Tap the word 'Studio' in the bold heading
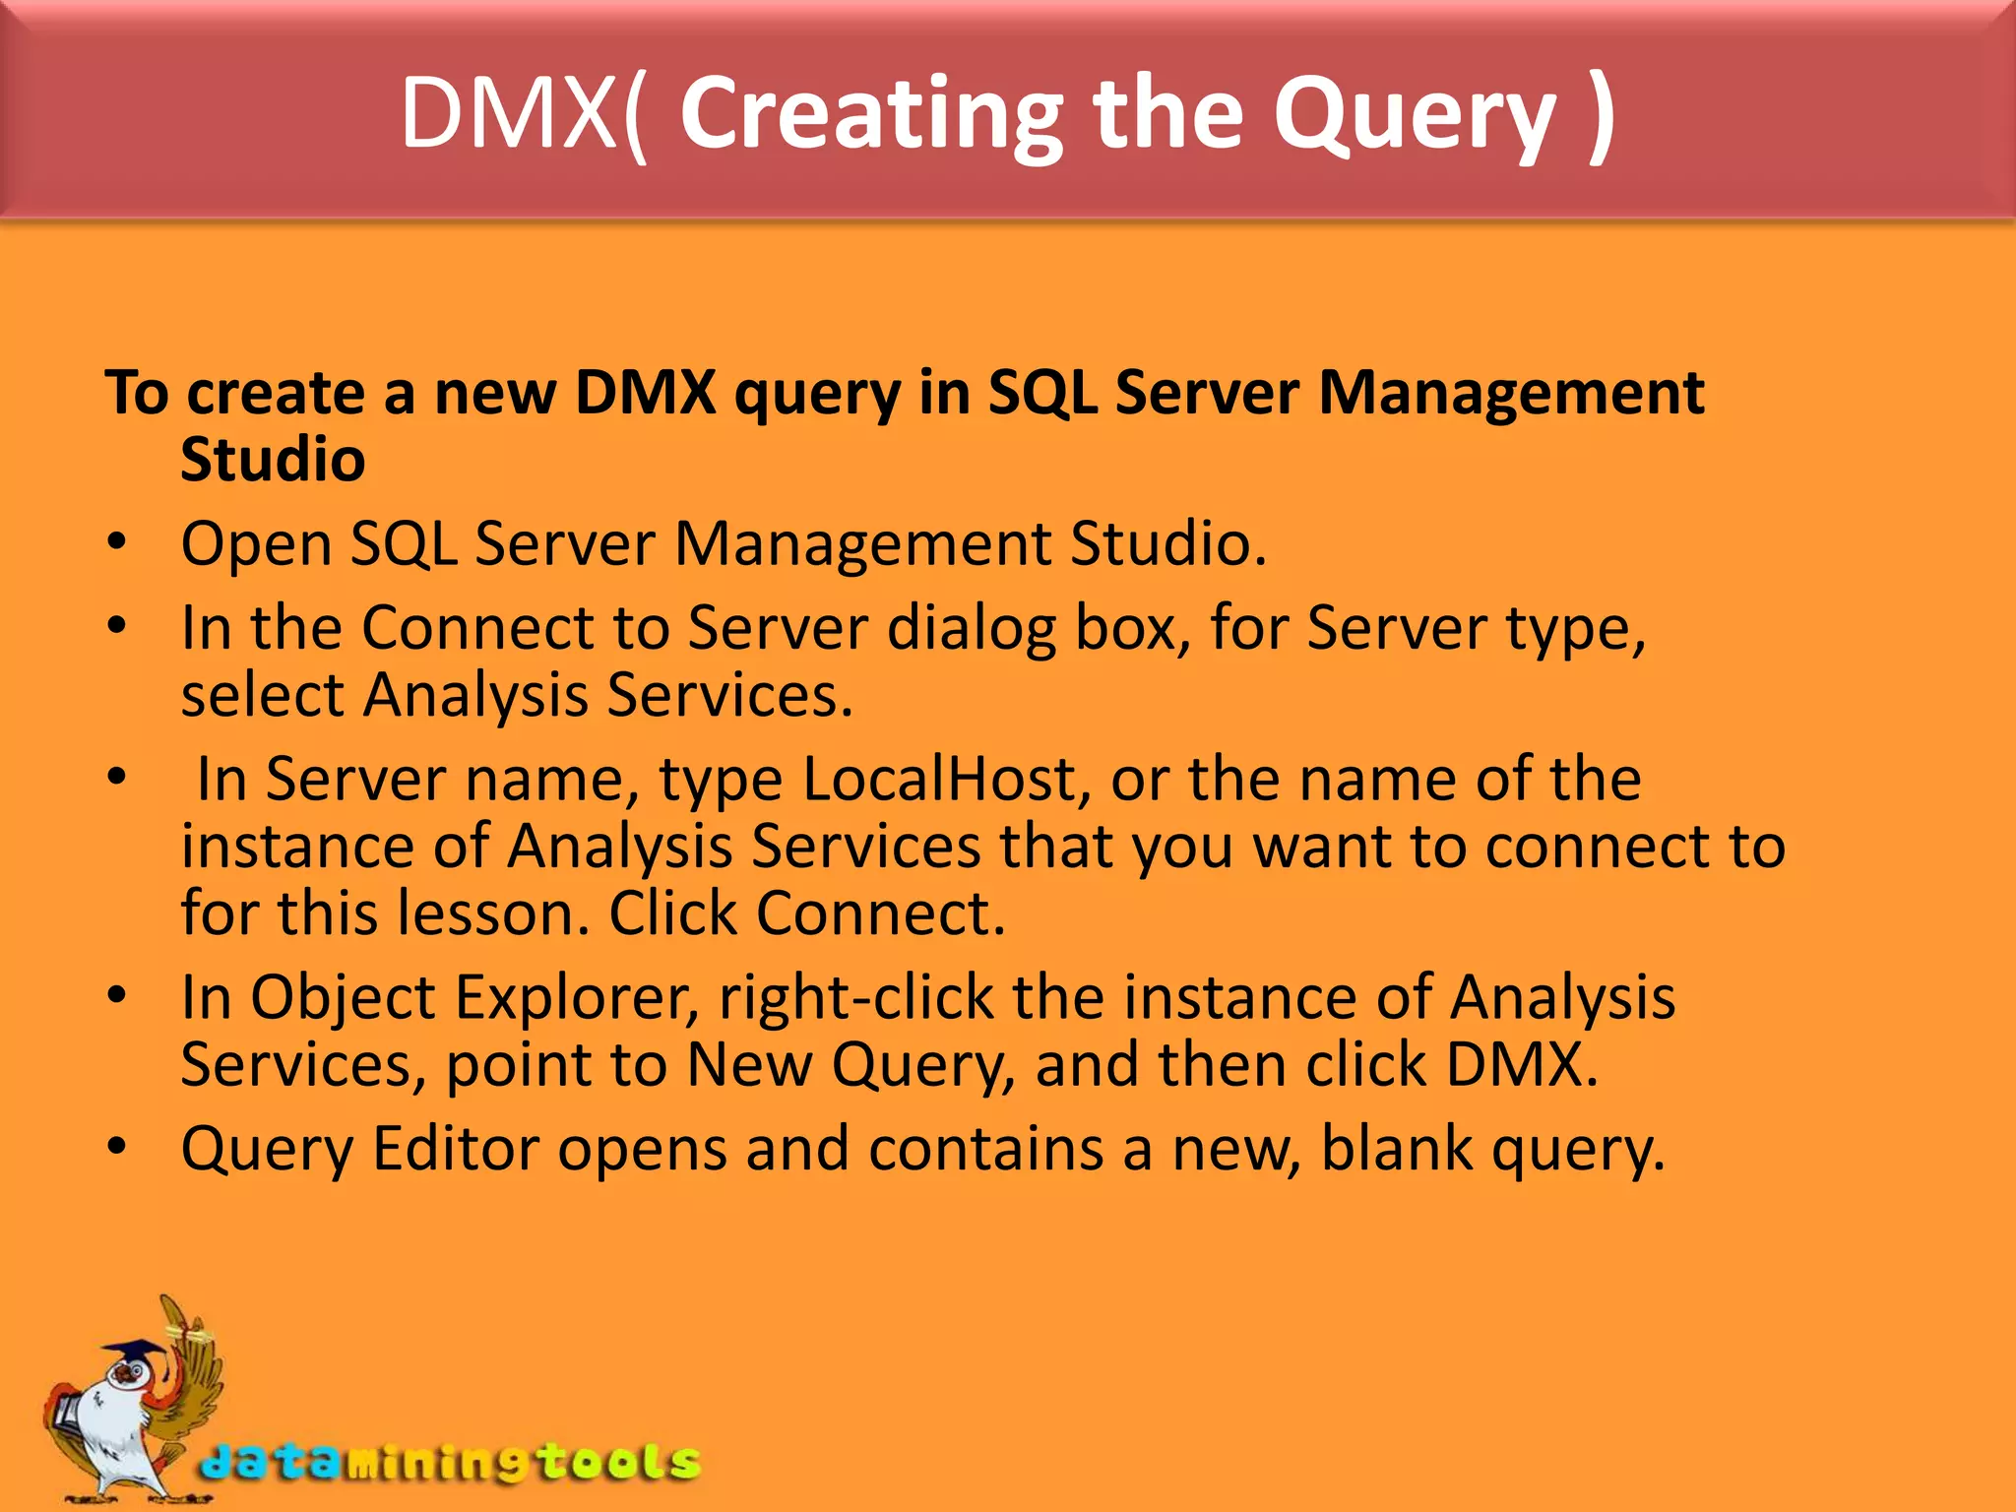click(x=273, y=460)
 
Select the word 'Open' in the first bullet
click(x=256, y=544)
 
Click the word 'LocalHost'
click(x=946, y=779)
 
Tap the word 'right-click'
click(x=855, y=997)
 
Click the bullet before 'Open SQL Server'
click(x=117, y=542)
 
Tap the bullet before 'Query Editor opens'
click(x=117, y=1147)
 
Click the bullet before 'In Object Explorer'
click(x=117, y=995)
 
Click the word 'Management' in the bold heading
click(x=1510, y=393)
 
